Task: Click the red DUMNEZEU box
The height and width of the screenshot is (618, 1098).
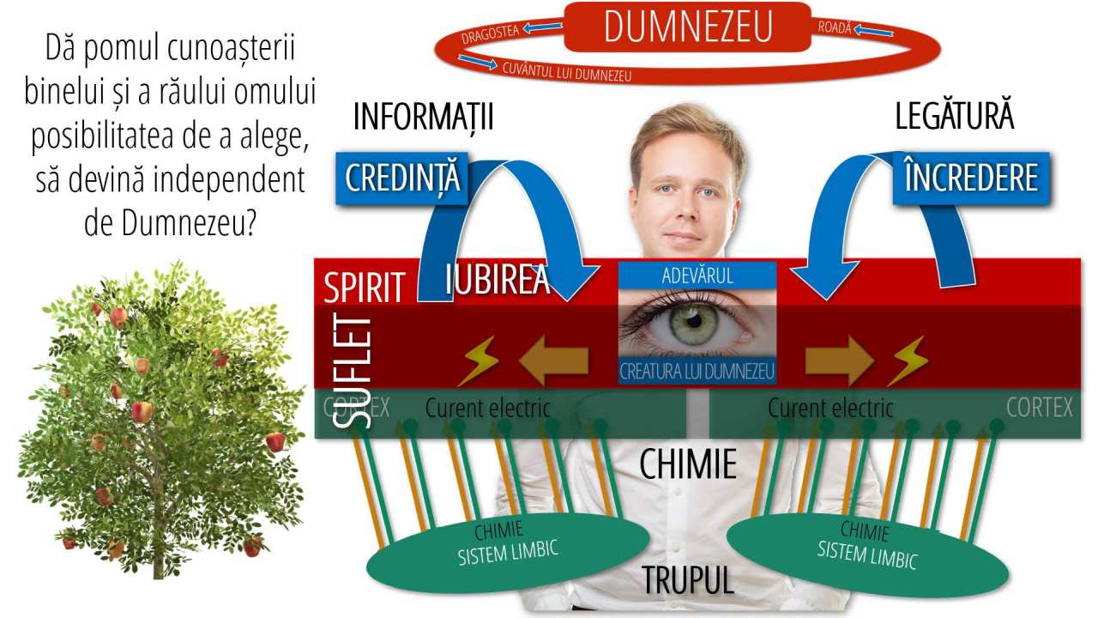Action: tap(687, 27)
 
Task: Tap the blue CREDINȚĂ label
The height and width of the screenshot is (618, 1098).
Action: tap(402, 178)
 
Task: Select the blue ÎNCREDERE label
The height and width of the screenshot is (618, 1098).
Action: tap(971, 178)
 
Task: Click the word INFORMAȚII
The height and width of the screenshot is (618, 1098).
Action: tap(423, 118)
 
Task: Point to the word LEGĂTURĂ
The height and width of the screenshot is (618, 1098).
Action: tap(954, 118)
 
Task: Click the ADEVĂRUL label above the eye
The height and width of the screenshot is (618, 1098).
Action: tap(697, 276)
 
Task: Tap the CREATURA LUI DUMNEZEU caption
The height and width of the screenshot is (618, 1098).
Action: tap(697, 372)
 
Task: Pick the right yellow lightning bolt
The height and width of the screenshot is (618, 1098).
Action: tap(907, 361)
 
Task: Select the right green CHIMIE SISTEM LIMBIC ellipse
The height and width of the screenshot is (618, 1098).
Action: tap(867, 548)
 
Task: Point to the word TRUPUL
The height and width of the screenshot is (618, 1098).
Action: tap(688, 581)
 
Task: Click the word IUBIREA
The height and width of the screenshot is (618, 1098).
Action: tap(498, 280)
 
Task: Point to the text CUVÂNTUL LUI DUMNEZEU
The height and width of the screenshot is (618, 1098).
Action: tap(567, 72)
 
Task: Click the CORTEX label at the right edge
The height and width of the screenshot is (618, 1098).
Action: tap(1039, 408)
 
